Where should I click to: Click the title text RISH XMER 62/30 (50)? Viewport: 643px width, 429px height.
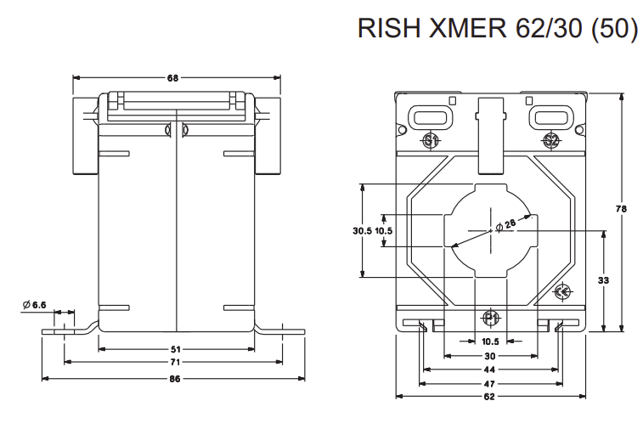[498, 28]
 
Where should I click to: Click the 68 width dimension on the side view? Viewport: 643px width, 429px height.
[172, 79]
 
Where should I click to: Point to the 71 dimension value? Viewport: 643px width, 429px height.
[173, 362]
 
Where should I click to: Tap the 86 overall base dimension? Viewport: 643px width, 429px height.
[173, 378]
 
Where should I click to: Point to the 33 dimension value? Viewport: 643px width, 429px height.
[604, 280]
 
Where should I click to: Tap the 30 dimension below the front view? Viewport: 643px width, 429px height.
[490, 356]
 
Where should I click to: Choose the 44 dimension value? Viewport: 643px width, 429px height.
[490, 370]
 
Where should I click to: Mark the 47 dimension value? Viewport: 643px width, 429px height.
[490, 384]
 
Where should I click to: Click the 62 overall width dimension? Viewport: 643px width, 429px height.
[490, 397]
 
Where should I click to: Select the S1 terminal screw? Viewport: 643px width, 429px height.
[430, 139]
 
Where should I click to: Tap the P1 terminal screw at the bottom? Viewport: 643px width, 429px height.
[490, 319]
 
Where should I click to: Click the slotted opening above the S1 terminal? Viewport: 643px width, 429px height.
[429, 114]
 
